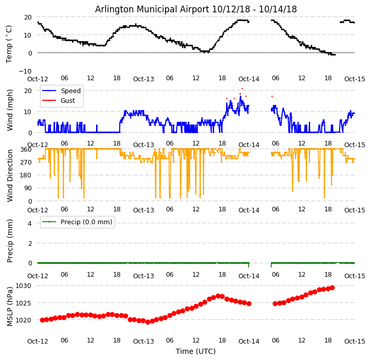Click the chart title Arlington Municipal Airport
(196, 9)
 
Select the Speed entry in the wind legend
(70, 91)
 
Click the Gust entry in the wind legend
(67, 101)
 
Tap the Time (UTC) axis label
(196, 351)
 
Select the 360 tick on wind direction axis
(26, 149)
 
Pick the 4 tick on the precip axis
(29, 223)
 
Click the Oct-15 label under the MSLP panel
(355, 341)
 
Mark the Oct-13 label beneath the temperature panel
(143, 79)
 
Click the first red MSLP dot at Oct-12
(42, 320)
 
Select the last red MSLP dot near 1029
(332, 287)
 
